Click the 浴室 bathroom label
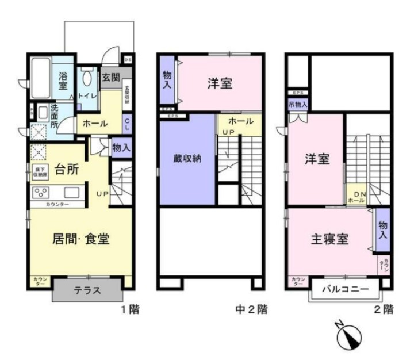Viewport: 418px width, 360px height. click(63, 81)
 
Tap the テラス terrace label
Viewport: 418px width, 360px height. click(87, 290)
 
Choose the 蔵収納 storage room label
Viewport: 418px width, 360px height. click(187, 159)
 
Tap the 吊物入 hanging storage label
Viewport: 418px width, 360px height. click(298, 104)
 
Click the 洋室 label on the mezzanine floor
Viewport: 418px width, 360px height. click(220, 83)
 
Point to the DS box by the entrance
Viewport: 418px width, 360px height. click(128, 59)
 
